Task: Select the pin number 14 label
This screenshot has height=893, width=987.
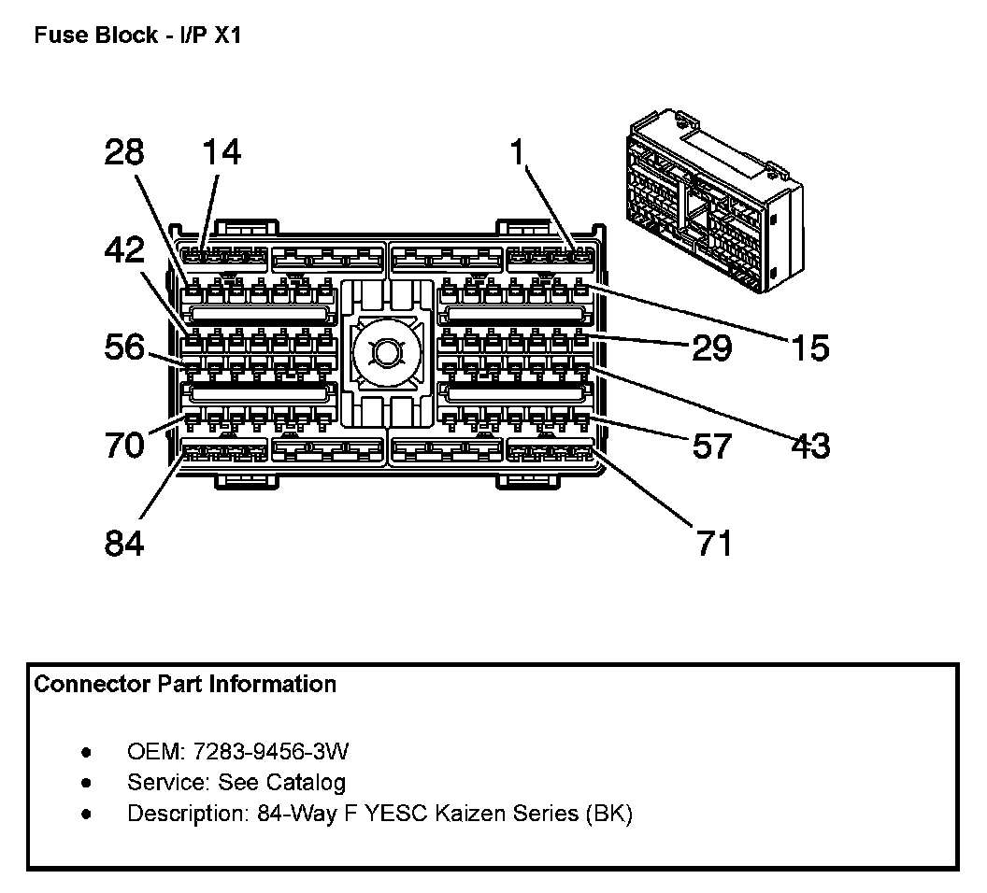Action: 221,151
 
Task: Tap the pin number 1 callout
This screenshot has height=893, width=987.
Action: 518,151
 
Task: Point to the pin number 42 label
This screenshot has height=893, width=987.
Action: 124,251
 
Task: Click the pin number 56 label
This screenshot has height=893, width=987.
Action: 124,348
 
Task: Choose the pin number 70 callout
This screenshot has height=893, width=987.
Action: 124,444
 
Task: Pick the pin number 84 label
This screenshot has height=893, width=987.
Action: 124,542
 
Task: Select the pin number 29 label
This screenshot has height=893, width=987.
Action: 711,348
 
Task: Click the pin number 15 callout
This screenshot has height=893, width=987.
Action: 808,348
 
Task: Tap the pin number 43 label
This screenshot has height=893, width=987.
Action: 808,446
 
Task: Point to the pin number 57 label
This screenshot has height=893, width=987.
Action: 711,446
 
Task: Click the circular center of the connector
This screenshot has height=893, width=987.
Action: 385,353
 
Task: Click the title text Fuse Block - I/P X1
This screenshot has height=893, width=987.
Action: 137,36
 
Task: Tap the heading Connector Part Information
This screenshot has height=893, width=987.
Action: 185,685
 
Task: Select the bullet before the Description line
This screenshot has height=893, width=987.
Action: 87,814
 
